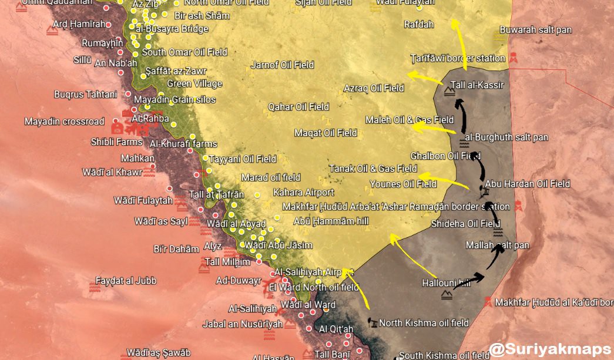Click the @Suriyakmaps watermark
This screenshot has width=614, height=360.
(550, 349)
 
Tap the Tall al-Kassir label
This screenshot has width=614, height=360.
(477, 85)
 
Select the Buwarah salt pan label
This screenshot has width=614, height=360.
(535, 29)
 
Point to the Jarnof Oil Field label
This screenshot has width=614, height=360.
(282, 65)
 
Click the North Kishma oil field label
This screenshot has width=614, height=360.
(424, 323)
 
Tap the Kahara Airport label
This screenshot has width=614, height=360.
(303, 193)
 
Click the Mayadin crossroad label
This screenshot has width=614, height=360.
(64, 122)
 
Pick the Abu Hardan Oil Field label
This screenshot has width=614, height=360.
(528, 184)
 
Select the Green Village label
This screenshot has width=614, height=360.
(194, 84)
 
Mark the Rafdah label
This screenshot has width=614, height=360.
(419, 25)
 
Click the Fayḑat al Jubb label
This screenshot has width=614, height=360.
(126, 281)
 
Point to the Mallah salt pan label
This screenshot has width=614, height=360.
(497, 245)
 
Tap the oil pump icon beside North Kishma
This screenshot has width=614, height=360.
(372, 322)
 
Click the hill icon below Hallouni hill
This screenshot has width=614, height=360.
(447, 295)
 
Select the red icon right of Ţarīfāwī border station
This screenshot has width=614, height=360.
(513, 58)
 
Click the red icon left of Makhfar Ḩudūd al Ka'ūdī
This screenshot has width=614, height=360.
(486, 302)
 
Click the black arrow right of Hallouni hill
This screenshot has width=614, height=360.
(470, 281)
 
